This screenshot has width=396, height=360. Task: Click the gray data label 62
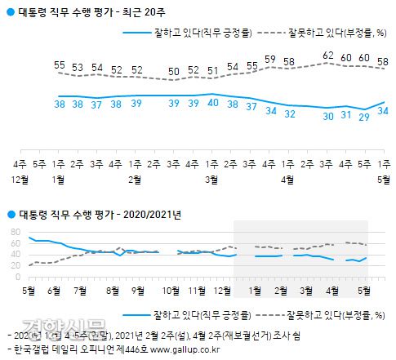pyautogui.click(x=328, y=56)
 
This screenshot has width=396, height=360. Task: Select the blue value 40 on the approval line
pyautogui.click(x=212, y=103)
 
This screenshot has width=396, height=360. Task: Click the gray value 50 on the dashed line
pyautogui.click(x=174, y=71)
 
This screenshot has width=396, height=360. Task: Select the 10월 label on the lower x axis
pyautogui.click(x=171, y=290)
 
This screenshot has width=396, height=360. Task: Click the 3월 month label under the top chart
pyautogui.click(x=212, y=178)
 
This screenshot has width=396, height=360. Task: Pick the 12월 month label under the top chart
pyautogui.click(x=22, y=178)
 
